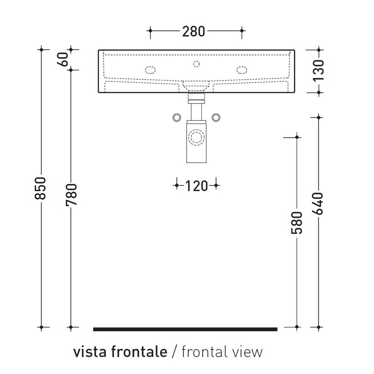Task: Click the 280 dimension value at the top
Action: tap(194, 31)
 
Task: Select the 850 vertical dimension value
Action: tap(40, 188)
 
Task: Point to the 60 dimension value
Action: tap(63, 59)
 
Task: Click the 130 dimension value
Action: tap(319, 70)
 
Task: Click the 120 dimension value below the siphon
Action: tap(196, 186)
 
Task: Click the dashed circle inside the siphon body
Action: tap(196, 138)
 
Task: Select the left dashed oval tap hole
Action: tap(150, 70)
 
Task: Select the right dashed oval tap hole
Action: tap(242, 70)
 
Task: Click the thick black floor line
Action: tap(185, 329)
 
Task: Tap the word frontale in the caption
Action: tap(139, 352)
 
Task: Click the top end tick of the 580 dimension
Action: tap(297, 138)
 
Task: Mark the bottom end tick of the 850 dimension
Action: tap(42, 327)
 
